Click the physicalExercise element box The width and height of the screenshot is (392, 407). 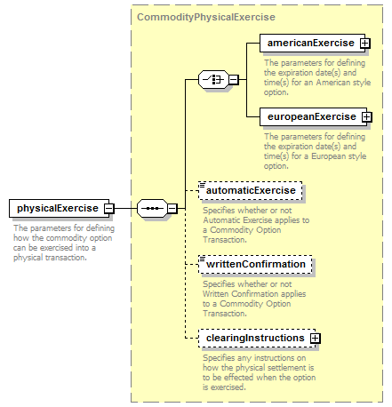59,208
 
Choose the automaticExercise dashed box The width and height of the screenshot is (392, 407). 251,190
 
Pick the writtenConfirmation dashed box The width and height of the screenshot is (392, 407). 255,264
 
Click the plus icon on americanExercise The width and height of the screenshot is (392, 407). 365,44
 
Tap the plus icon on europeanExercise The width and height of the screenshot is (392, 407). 367,117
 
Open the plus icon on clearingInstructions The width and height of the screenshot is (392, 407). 316,339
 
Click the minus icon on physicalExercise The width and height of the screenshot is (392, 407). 109,209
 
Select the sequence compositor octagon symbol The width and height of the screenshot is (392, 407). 152,209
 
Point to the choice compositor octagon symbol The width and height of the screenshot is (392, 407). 213,79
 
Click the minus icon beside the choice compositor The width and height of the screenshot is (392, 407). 234,79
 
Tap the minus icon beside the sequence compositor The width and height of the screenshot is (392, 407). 172,209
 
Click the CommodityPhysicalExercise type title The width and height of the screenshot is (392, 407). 206,17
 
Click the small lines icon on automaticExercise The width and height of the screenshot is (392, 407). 203,185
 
